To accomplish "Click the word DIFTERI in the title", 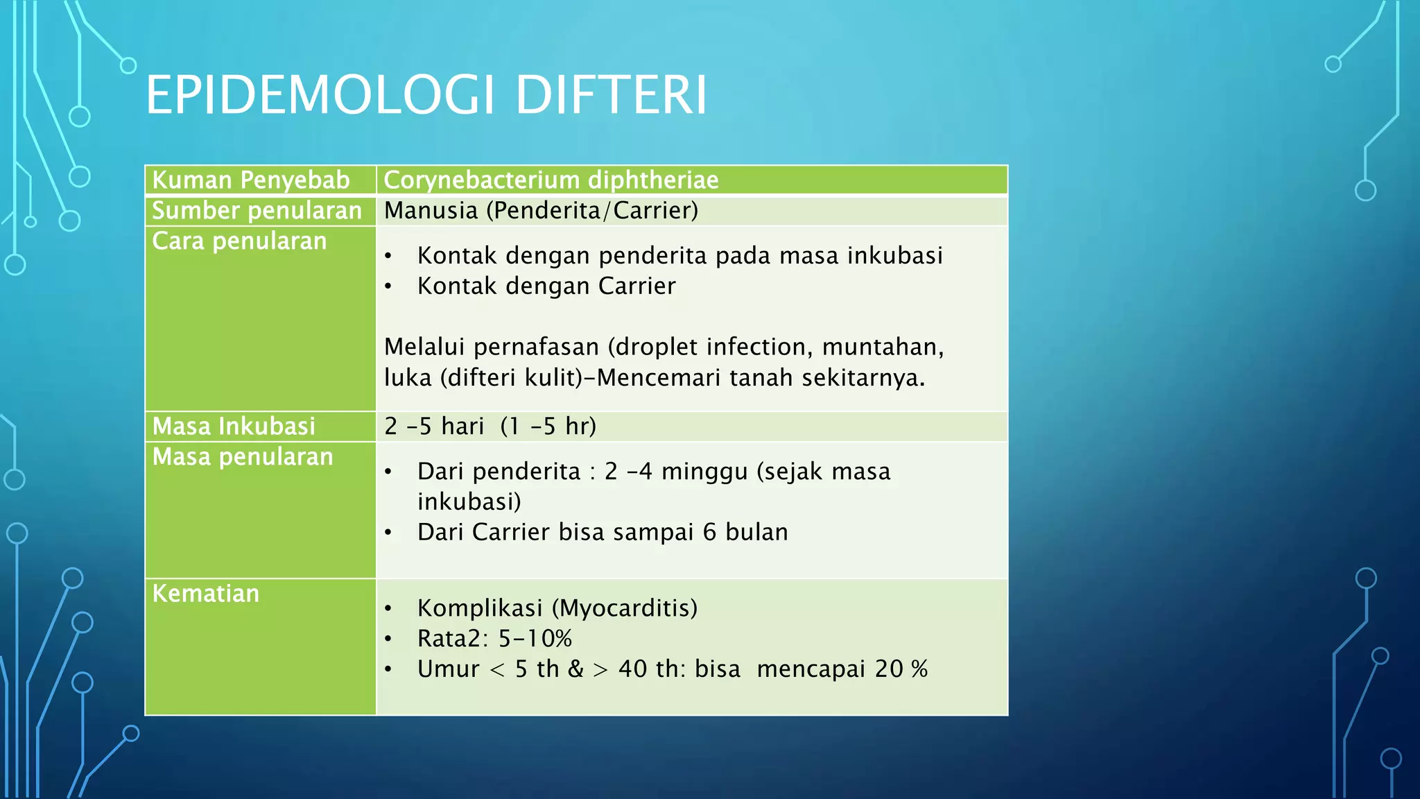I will click(611, 95).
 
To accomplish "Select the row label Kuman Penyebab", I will click(250, 180).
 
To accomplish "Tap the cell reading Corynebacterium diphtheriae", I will click(551, 180).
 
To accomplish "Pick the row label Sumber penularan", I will click(257, 211).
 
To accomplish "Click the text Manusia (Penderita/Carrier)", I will click(541, 211).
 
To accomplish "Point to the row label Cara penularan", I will click(239, 241).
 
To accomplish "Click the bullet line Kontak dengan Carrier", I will click(546, 286).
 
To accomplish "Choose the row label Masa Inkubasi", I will click(234, 426).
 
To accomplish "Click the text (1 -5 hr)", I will click(548, 426).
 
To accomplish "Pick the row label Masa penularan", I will click(243, 457).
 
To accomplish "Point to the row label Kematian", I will click(205, 594).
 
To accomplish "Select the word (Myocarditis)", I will click(624, 608).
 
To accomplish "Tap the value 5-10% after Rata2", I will click(535, 639).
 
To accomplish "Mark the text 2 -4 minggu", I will click(676, 472).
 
